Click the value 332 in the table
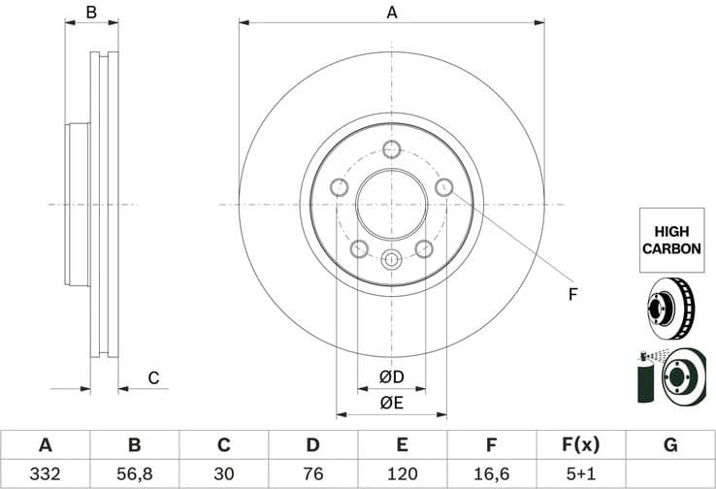click(x=45, y=473)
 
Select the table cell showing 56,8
click(x=134, y=473)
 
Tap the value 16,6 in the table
click(x=491, y=473)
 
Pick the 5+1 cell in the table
click(x=580, y=473)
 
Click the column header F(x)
click(x=580, y=445)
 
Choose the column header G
click(x=669, y=445)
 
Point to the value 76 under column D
click(x=312, y=473)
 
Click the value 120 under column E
click(x=402, y=473)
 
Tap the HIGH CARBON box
click(x=670, y=240)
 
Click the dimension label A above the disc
click(x=392, y=13)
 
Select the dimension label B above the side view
click(x=91, y=13)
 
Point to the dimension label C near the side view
click(x=152, y=378)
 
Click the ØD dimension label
click(x=391, y=376)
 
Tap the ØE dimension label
click(x=391, y=403)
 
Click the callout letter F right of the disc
click(x=572, y=294)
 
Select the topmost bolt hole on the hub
click(x=391, y=148)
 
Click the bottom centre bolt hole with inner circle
click(x=391, y=259)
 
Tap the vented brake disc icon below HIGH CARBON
click(x=670, y=306)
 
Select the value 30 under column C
click(x=223, y=473)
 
